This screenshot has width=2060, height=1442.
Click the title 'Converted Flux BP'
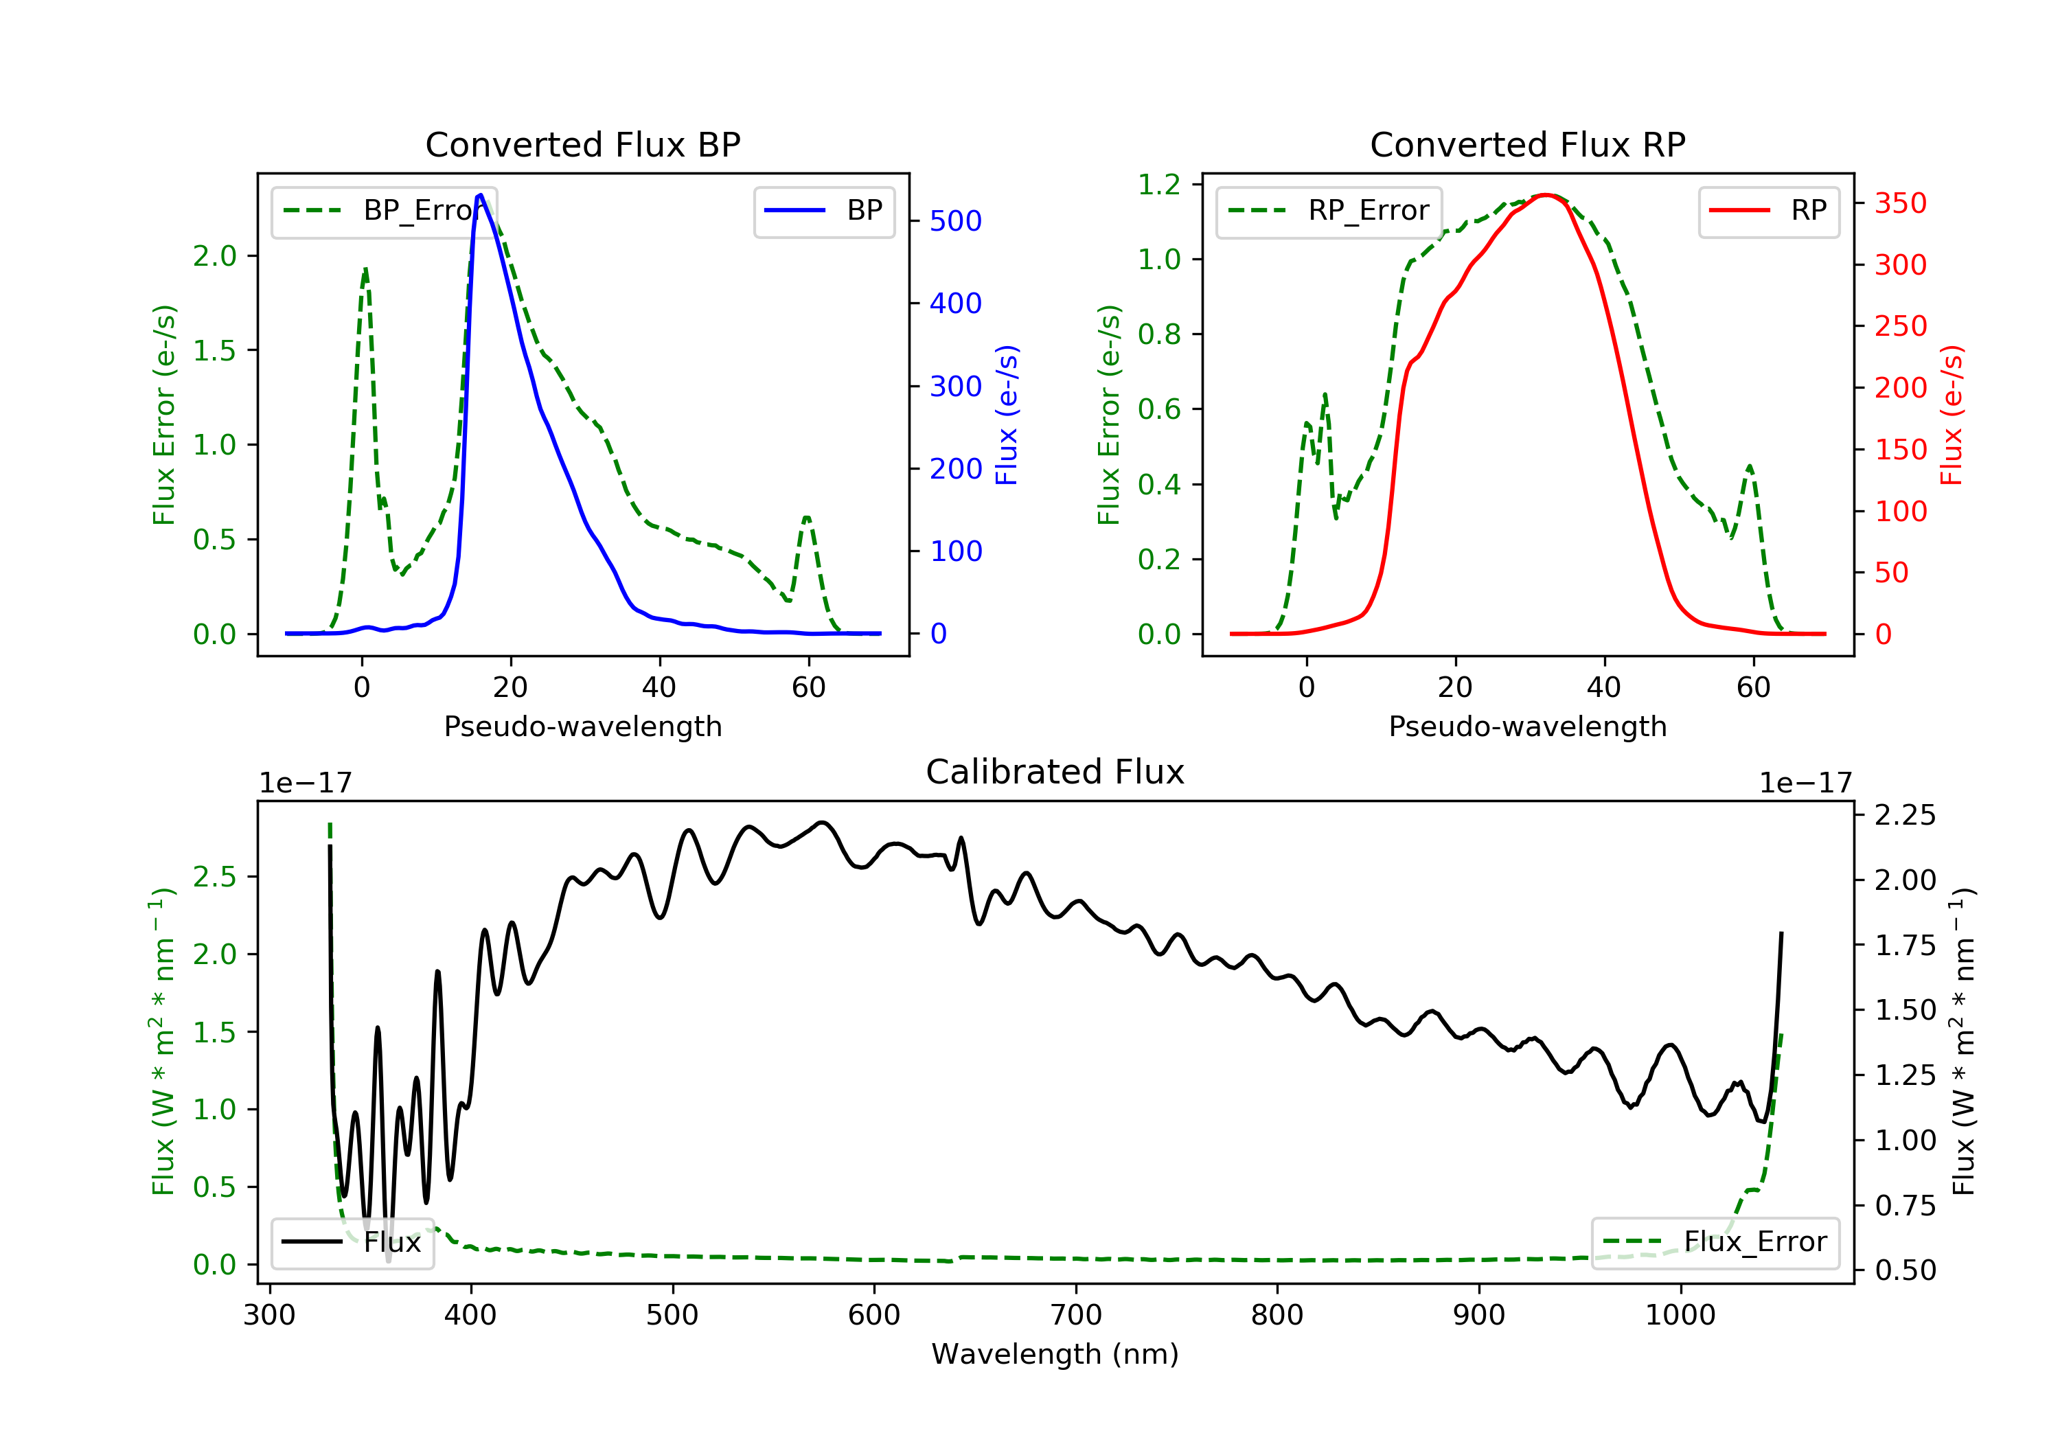pyautogui.click(x=582, y=144)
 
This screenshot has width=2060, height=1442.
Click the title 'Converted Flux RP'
pyautogui.click(x=1527, y=144)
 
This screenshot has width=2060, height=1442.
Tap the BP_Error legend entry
pyautogui.click(x=384, y=211)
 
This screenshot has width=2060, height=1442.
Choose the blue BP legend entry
pyautogui.click(x=823, y=211)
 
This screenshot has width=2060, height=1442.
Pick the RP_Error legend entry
pyautogui.click(x=1328, y=211)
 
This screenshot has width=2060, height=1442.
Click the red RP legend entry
pyautogui.click(x=1767, y=211)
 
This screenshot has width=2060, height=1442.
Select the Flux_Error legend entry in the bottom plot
pyautogui.click(x=1715, y=1242)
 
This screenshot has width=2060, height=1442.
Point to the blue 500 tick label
pyautogui.click(x=956, y=220)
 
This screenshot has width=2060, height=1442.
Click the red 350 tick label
pyautogui.click(x=1900, y=203)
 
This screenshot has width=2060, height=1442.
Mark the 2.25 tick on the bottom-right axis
pyautogui.click(x=1905, y=815)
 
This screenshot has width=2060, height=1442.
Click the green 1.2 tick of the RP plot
pyautogui.click(x=1159, y=184)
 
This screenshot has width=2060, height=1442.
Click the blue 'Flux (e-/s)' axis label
pyautogui.click(x=1007, y=415)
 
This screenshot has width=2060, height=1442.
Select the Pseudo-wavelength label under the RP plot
pyautogui.click(x=1527, y=726)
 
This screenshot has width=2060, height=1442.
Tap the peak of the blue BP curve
pyautogui.click(x=481, y=195)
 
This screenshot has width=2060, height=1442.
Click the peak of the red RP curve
pyautogui.click(x=1544, y=195)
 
